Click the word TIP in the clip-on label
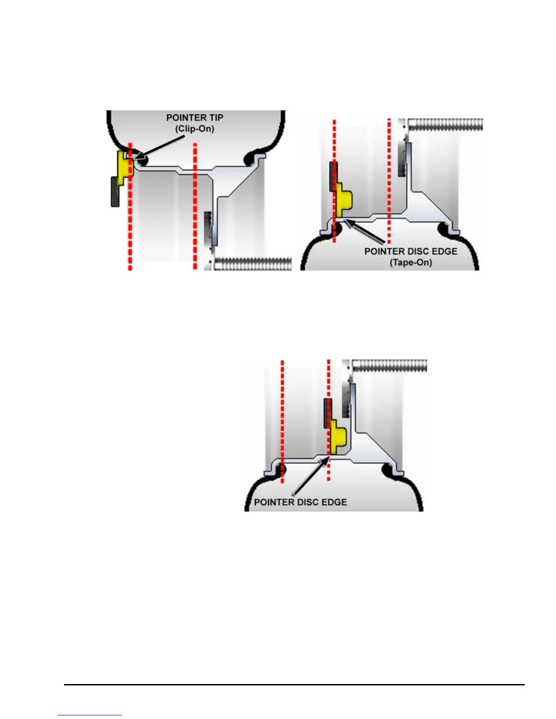point(214,118)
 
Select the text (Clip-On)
point(195,128)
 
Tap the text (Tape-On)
point(411,262)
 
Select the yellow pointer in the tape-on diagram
point(344,202)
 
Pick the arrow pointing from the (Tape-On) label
point(366,231)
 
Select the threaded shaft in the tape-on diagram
point(446,125)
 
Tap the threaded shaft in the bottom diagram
point(390,366)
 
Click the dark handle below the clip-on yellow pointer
point(115,192)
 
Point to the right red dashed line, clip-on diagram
point(195,204)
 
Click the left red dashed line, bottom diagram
point(282,418)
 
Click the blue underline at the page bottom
point(90,715)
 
